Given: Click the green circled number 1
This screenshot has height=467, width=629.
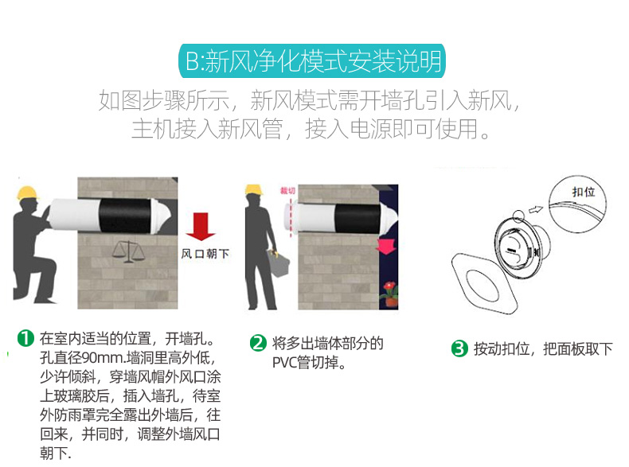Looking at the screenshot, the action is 25,338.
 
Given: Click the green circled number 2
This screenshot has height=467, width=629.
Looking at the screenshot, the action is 258,343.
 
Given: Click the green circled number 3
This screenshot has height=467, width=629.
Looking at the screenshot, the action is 459,348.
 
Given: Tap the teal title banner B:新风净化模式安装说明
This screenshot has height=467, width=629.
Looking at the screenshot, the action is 312,61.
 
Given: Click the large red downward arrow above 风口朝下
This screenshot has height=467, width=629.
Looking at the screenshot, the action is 201,227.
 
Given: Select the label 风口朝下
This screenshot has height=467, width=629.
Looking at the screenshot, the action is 205,254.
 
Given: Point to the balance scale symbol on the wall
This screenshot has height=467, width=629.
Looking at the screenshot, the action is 128,252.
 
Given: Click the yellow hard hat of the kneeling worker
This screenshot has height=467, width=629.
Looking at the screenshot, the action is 27,193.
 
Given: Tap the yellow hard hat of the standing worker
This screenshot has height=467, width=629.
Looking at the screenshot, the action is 254,189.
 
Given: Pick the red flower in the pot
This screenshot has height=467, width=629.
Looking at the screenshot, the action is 389,287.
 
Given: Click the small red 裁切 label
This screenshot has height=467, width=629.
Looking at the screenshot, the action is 287,190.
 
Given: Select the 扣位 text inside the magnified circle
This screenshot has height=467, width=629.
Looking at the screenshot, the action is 584,192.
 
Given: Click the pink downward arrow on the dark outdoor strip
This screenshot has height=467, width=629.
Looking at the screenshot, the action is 386,247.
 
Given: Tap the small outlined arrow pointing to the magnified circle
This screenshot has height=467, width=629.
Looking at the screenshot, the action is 536,209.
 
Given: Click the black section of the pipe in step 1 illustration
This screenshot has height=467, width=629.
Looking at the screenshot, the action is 125,216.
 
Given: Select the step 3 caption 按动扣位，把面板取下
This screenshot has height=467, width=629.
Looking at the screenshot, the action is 544,348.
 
